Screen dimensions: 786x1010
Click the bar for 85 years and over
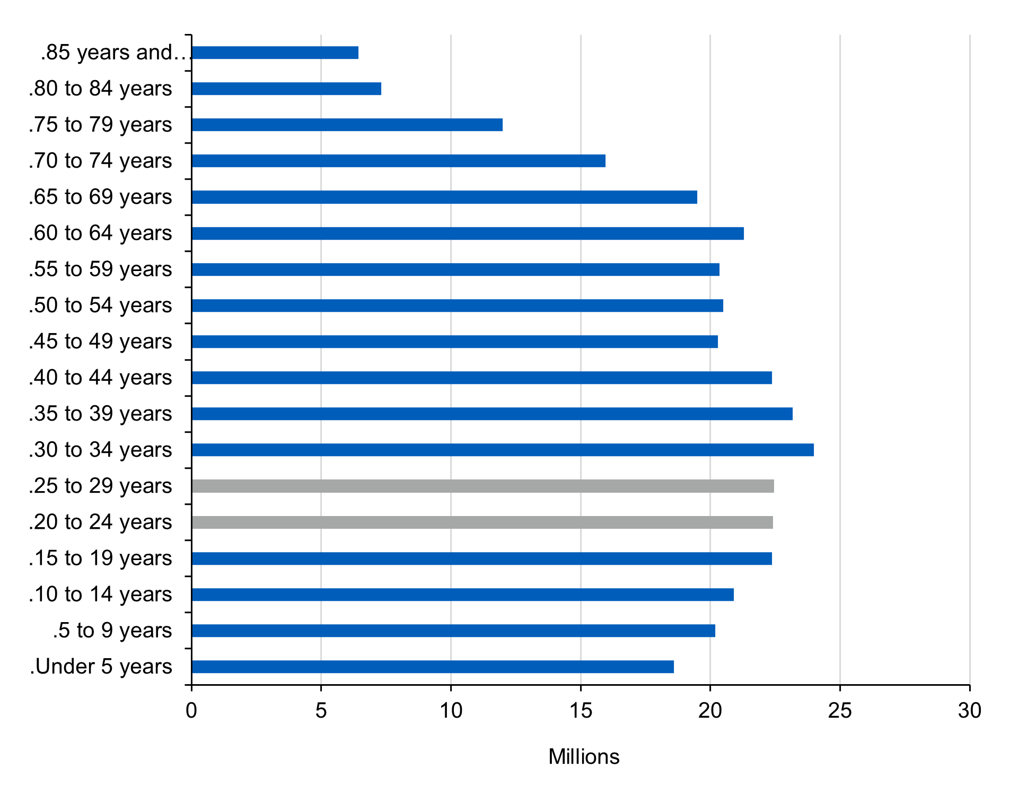point(275,53)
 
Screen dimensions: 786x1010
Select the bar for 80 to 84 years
point(286,89)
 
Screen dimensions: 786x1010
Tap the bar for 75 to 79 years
point(347,125)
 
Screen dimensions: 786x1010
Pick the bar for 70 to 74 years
point(398,161)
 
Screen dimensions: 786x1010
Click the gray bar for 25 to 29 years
point(482,486)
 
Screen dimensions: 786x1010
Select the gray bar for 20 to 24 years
point(482,522)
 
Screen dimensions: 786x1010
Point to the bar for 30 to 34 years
point(503,450)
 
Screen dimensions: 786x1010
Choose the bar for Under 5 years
point(433,667)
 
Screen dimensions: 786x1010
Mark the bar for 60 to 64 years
point(468,233)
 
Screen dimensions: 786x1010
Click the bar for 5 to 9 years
point(453,631)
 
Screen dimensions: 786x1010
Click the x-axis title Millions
point(584,757)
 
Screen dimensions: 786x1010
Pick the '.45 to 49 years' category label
point(101,342)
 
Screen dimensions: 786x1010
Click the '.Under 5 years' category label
point(101,667)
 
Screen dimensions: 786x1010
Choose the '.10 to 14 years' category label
point(101,595)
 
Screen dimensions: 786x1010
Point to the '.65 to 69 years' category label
point(101,197)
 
